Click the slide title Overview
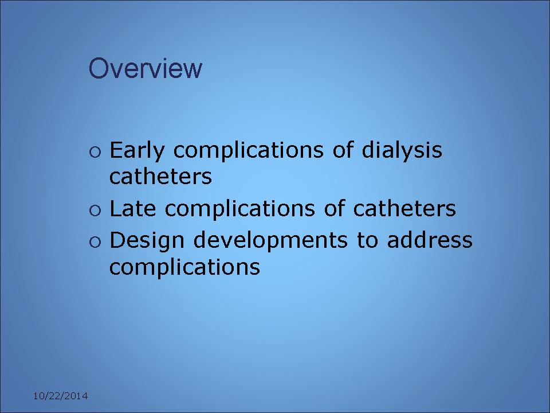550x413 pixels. click(x=145, y=68)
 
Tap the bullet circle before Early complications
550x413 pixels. click(x=95, y=153)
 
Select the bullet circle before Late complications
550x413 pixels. click(x=95, y=211)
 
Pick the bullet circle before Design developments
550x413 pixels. click(x=95, y=242)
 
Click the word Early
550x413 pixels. click(x=137, y=151)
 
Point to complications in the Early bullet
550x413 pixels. click(x=248, y=151)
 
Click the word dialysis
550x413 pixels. click(x=402, y=150)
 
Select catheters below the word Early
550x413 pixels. click(x=160, y=176)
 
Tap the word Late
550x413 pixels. click(x=132, y=209)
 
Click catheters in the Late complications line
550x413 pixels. click(x=404, y=209)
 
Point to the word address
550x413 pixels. click(x=430, y=240)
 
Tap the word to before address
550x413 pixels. click(x=368, y=240)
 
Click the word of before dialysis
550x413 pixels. click(x=343, y=150)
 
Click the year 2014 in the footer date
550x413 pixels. click(x=76, y=396)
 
